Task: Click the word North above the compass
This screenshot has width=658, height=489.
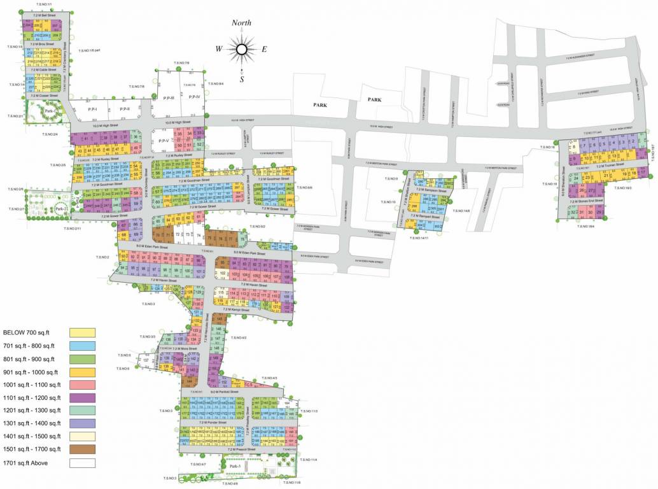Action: click(x=241, y=23)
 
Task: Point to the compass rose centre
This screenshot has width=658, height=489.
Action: click(x=241, y=49)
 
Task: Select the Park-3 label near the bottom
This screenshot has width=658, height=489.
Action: click(x=235, y=467)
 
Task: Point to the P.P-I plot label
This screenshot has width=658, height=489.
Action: click(x=93, y=109)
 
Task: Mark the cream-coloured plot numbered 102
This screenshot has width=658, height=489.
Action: click(x=223, y=274)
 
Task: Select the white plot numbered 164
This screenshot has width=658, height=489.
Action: click(x=287, y=403)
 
